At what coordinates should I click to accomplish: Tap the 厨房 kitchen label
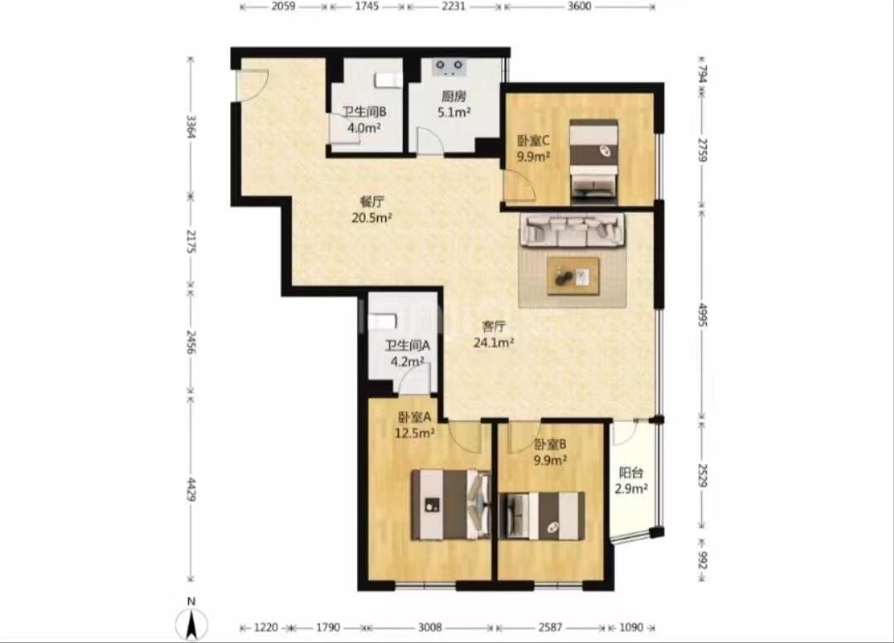tap(453, 97)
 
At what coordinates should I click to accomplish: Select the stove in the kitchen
tap(449, 67)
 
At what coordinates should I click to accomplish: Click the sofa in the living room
tap(572, 230)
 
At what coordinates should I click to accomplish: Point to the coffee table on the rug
tap(573, 277)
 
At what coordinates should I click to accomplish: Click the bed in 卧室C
tap(594, 162)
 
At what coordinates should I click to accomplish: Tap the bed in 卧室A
tap(452, 504)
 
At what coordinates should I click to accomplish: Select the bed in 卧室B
tap(542, 515)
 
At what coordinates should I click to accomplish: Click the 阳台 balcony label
tap(631, 472)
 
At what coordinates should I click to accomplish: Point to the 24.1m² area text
tap(494, 342)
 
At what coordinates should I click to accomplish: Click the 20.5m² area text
tap(372, 217)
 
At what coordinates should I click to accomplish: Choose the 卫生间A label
tap(408, 346)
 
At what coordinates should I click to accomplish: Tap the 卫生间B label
tap(364, 113)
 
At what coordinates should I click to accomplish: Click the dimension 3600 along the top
tap(579, 7)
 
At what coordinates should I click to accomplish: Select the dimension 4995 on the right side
tap(703, 314)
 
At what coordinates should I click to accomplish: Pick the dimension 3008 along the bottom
tap(430, 627)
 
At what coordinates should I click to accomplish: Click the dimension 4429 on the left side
tap(191, 489)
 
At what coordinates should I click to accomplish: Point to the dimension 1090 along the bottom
tap(631, 627)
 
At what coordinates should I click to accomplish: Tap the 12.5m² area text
tap(415, 433)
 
